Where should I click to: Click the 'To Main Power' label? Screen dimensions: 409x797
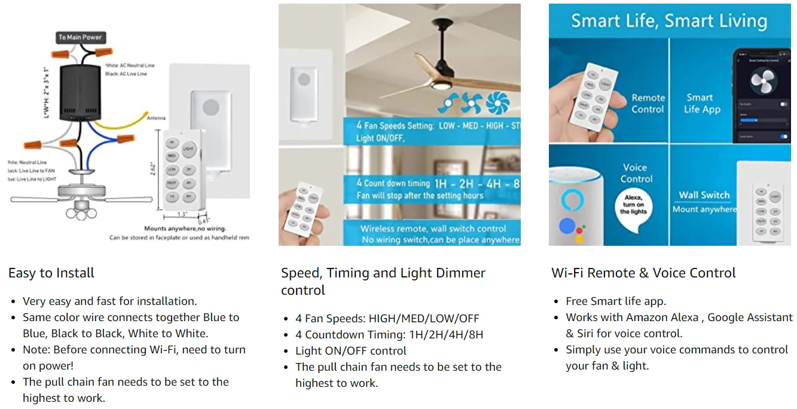click(x=80, y=37)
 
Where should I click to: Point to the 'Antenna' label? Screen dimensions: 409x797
click(x=156, y=118)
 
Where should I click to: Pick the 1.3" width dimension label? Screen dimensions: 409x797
click(x=182, y=213)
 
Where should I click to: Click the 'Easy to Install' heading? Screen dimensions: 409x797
click(x=51, y=273)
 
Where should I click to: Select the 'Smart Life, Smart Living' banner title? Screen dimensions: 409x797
click(x=669, y=22)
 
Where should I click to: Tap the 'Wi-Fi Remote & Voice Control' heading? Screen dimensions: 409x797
click(x=643, y=273)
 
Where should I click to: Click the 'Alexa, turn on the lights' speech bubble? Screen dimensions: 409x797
click(x=634, y=204)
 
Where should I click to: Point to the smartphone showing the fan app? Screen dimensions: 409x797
click(x=761, y=96)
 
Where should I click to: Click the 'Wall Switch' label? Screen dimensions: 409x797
click(x=704, y=195)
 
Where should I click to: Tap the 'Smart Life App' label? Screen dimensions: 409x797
click(x=702, y=103)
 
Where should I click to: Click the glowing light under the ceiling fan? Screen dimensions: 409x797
click(x=440, y=86)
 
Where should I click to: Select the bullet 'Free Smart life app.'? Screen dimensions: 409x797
click(x=616, y=301)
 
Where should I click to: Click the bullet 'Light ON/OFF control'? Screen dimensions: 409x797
click(x=351, y=351)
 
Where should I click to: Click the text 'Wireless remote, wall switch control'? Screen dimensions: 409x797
click(x=433, y=228)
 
